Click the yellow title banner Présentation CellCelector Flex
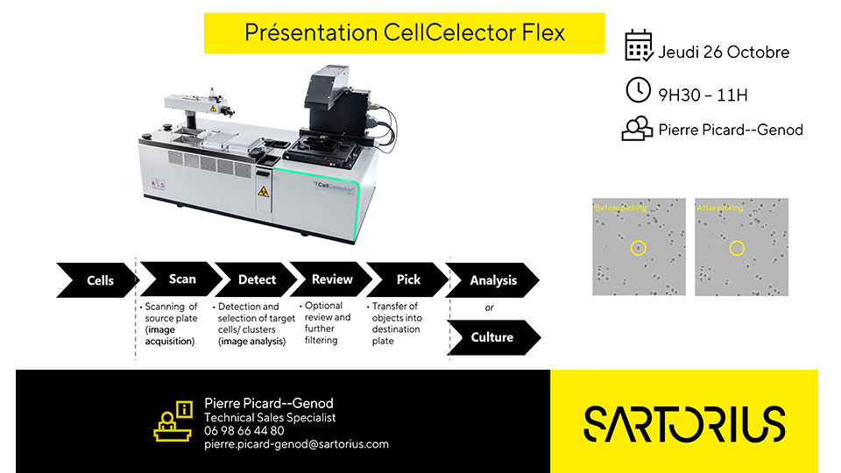click(404, 33)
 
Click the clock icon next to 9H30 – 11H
click(638, 90)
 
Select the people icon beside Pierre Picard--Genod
click(637, 129)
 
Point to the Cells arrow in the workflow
click(99, 280)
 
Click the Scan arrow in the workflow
click(180, 279)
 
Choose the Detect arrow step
click(256, 279)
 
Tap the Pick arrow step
click(407, 279)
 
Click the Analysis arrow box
click(492, 280)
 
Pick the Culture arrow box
click(491, 337)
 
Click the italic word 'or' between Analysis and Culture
click(489, 307)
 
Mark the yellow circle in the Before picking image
click(639, 248)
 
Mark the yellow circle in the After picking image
click(737, 248)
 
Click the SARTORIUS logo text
click(683, 423)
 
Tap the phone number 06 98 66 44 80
click(244, 431)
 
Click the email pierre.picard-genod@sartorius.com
click(296, 444)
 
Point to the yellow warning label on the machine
click(263, 189)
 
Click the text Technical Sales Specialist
click(270, 418)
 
